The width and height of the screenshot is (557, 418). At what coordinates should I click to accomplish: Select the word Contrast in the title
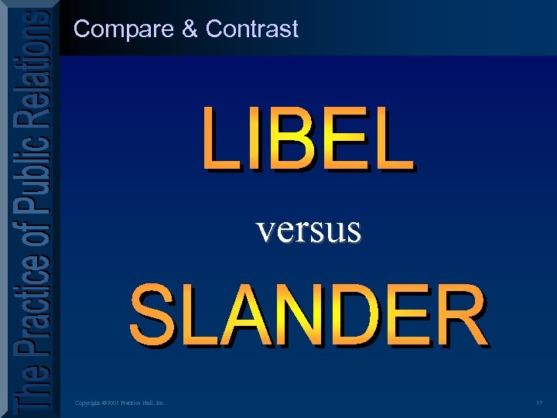pyautogui.click(x=251, y=29)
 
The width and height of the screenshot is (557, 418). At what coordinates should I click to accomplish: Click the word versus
pyautogui.click(x=309, y=229)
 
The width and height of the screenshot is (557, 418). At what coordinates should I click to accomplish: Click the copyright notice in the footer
pyautogui.click(x=119, y=403)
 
